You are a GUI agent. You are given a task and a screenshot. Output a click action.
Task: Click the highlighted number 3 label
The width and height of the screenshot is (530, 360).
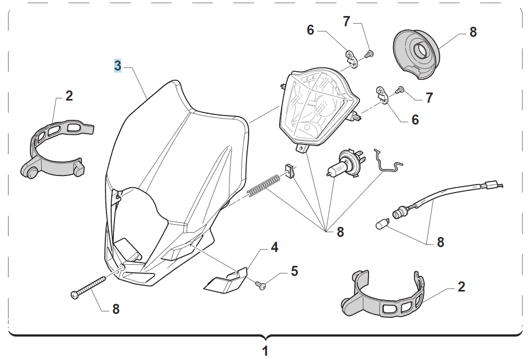click(118, 66)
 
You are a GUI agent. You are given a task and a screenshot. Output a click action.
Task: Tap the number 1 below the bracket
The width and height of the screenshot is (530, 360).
click(265, 351)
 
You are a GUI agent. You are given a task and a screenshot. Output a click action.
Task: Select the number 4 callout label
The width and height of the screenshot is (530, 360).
click(274, 247)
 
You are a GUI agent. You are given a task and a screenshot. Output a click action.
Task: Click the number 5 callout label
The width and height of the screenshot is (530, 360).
click(294, 271)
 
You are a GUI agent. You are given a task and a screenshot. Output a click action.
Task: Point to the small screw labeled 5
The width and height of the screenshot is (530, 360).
click(261, 286)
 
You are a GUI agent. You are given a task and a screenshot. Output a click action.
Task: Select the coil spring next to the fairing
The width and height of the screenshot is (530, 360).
click(263, 185)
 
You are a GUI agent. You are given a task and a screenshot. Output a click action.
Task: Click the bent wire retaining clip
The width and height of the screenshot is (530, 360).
click(389, 162)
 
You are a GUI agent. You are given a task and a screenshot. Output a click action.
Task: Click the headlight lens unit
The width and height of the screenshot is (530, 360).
click(317, 110)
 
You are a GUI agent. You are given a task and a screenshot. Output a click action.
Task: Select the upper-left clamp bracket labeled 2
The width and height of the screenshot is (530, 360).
click(56, 148)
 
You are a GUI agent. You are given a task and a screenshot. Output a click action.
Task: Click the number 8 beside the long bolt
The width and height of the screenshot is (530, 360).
click(116, 309)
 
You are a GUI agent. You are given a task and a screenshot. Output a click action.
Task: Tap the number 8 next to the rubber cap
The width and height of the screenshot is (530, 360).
click(473, 32)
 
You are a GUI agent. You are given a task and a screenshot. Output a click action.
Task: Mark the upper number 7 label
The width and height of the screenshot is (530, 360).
click(347, 22)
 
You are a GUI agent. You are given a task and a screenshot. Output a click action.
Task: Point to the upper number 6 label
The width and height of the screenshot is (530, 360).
click(311, 30)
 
